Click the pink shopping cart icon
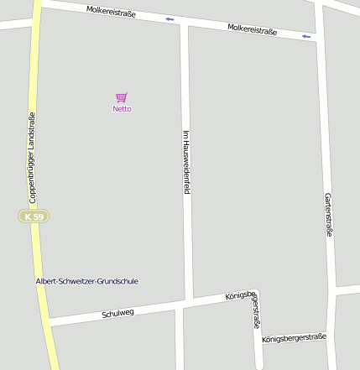coord(122,97)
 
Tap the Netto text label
coord(123,109)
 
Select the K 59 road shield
coord(34,216)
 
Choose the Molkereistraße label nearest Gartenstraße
coord(252,29)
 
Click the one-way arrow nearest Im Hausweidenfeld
coord(170,18)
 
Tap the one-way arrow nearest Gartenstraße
coord(306,36)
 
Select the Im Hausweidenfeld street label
coord(186,162)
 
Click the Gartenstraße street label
coord(328,214)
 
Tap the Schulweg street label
coord(117,314)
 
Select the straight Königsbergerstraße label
coord(294,338)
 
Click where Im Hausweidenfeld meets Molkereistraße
coord(184,23)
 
